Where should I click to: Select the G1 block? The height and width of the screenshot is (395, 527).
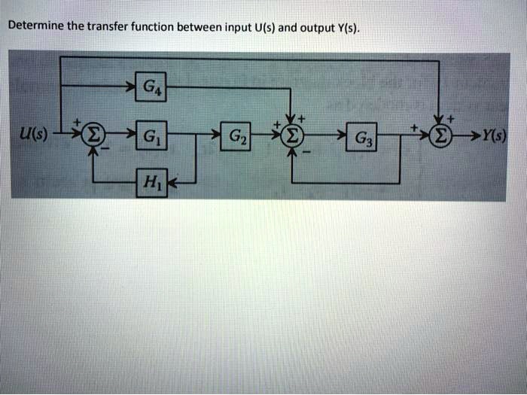(x=148, y=136)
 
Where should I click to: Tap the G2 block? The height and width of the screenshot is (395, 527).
(x=235, y=136)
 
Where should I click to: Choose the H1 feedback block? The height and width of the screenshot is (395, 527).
(x=148, y=183)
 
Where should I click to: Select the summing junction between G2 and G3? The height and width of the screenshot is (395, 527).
(x=291, y=136)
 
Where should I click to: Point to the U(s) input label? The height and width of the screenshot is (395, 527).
(x=35, y=135)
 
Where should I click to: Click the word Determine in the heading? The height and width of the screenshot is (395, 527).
(x=35, y=26)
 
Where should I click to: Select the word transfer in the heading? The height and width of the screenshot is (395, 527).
(x=108, y=26)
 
